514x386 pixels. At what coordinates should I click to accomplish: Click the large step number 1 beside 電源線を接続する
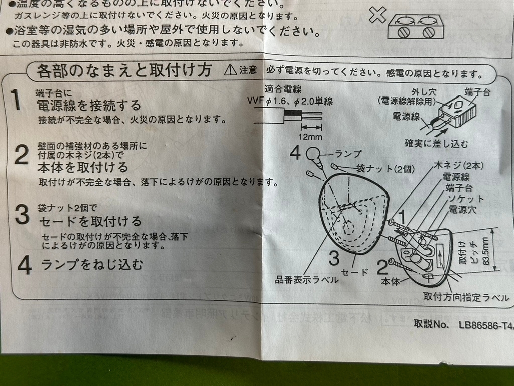point(16,100)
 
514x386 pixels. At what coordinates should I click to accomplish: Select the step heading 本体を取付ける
point(82,167)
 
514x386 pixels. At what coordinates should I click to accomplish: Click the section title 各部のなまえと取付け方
point(124,70)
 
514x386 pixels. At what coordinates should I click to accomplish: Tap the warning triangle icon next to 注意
point(230,70)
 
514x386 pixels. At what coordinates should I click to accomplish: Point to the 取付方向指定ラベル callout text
point(465,297)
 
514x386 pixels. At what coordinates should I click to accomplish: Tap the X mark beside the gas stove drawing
point(377,15)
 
